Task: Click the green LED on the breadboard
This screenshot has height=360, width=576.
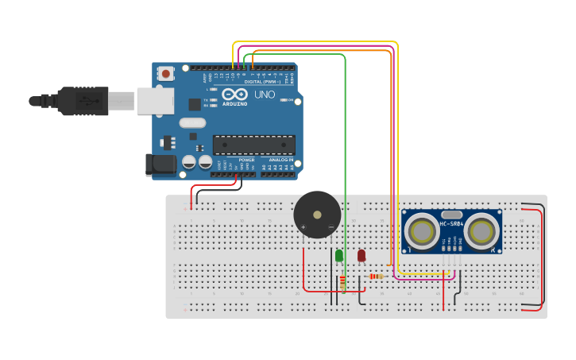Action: click(339, 255)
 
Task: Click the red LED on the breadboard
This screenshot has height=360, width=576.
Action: click(361, 255)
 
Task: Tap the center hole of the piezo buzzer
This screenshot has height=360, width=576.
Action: click(317, 214)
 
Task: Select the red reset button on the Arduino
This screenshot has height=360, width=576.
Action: click(166, 73)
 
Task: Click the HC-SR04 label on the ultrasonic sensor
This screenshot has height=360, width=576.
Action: click(451, 224)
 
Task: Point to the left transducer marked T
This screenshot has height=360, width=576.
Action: click(421, 231)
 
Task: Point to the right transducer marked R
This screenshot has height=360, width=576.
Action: click(481, 231)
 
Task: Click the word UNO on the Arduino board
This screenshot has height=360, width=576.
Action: click(265, 95)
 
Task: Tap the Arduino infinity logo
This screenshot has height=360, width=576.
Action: click(235, 95)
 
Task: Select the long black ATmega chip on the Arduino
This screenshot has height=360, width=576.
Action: click(253, 145)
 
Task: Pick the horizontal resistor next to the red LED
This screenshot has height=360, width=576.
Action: click(376, 277)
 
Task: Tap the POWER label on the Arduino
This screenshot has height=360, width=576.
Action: click(247, 160)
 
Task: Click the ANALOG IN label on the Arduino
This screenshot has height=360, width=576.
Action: click(280, 160)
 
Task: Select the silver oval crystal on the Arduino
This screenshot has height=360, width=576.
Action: click(193, 122)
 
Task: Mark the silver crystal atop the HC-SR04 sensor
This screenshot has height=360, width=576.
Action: click(451, 215)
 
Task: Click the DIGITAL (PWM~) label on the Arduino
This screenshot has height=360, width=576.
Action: click(261, 81)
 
